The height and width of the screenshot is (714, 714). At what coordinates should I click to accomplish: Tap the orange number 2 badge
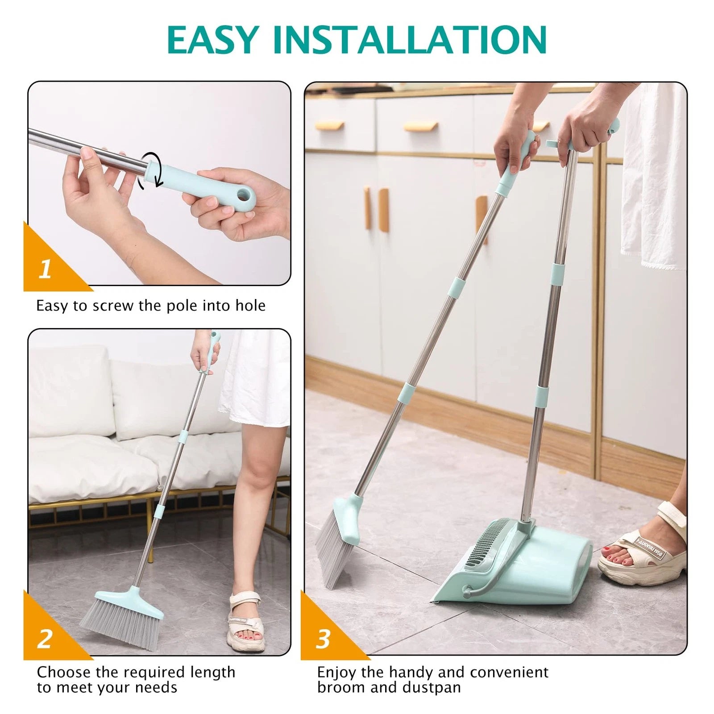coord(45,639)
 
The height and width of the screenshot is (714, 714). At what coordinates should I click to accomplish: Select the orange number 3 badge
coord(323,639)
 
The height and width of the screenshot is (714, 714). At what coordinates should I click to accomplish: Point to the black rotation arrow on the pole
coord(149,170)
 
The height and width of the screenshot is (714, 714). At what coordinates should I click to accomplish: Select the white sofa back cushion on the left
coord(67,393)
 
